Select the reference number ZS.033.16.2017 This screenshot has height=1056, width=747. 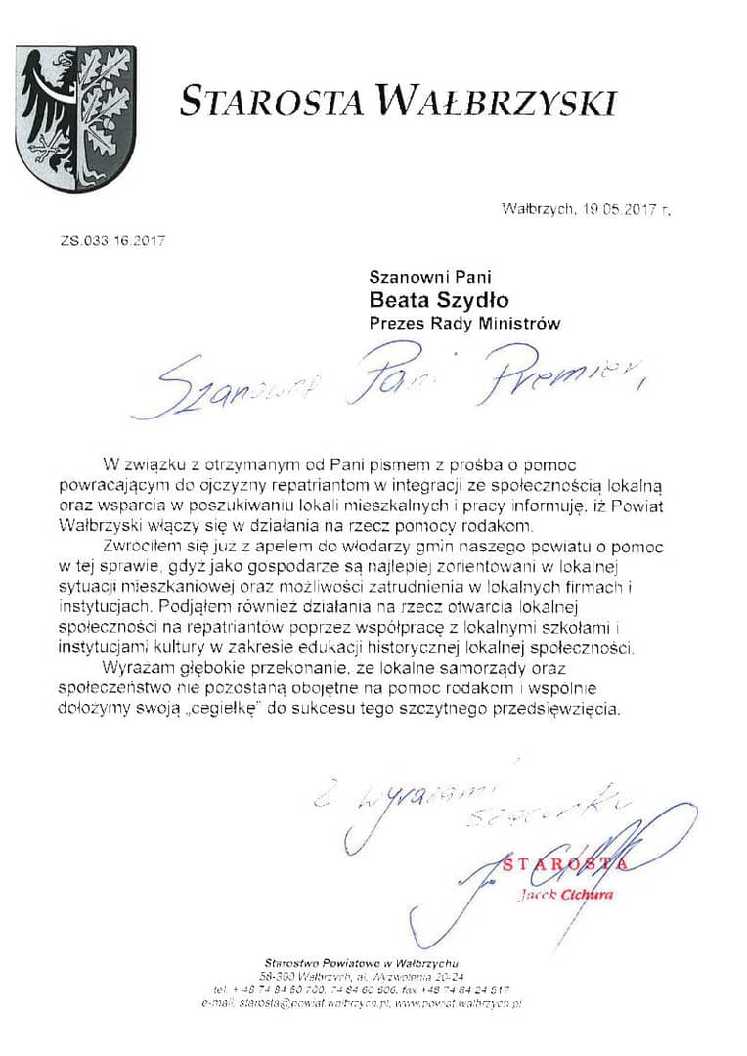113,240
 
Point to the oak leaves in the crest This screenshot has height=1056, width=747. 106,103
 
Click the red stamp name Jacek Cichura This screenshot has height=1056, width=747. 566,896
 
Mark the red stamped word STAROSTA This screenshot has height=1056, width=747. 566,863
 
